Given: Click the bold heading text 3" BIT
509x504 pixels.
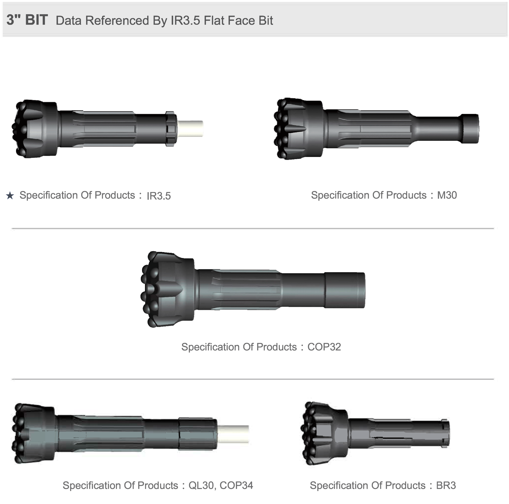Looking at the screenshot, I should [27, 20].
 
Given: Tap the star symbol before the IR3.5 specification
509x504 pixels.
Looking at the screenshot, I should [10, 196].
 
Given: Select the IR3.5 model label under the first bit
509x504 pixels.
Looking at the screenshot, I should [159, 196].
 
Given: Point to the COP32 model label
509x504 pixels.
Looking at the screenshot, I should [324, 347].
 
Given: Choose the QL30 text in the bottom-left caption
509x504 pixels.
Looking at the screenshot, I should [201, 485].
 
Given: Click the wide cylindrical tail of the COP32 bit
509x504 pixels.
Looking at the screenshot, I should [344, 290].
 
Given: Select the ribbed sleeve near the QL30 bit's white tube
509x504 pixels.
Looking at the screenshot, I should [198, 434].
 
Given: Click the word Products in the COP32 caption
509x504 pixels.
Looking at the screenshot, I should [276, 347].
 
